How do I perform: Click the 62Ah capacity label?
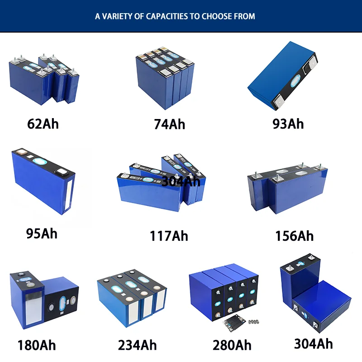point(43,124)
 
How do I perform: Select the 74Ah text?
point(170,124)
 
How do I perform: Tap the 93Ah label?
point(288,124)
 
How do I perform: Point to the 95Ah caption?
point(42,233)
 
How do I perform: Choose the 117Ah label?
point(169,236)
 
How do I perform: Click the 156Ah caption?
point(294,236)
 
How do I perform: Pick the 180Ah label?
point(37,345)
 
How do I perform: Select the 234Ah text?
point(137,345)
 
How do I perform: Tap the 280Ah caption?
point(232,345)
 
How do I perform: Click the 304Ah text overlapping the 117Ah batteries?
point(181,181)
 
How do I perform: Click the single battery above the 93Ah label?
point(283,75)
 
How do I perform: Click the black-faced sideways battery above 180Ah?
point(61,301)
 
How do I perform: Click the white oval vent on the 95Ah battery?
point(40,162)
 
